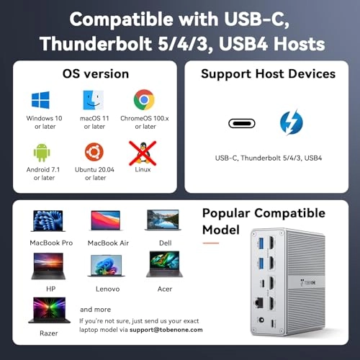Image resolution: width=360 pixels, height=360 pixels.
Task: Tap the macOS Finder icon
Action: point(94,99)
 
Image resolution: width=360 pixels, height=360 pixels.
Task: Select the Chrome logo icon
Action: point(144,99)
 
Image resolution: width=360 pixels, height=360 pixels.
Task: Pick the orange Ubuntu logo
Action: point(94,152)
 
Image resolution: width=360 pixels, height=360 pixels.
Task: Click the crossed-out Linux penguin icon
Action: point(144,152)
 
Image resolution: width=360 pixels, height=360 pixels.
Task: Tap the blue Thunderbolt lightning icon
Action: point(291,122)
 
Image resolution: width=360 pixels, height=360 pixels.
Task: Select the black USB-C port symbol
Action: point(241,122)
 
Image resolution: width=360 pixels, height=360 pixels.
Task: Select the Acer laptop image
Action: point(163,264)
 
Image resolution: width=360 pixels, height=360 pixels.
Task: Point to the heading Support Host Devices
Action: point(268,74)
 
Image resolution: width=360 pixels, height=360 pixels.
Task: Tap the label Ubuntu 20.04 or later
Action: point(94,172)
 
